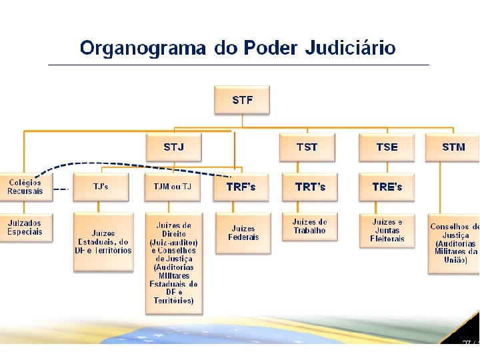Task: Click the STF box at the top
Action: (242, 101)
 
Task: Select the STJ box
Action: (173, 147)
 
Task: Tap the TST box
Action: (307, 147)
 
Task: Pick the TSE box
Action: (387, 147)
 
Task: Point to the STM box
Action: (453, 147)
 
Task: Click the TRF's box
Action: (241, 187)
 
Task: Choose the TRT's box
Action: (310, 187)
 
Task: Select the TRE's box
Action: (387, 187)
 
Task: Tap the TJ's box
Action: (101, 187)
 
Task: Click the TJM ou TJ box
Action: (172, 187)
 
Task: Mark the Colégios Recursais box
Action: (25, 187)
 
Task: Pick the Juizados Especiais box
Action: (25, 227)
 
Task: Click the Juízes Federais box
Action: (243, 233)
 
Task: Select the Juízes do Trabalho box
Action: (310, 227)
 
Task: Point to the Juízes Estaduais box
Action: (103, 241)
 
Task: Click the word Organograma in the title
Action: (143, 48)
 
